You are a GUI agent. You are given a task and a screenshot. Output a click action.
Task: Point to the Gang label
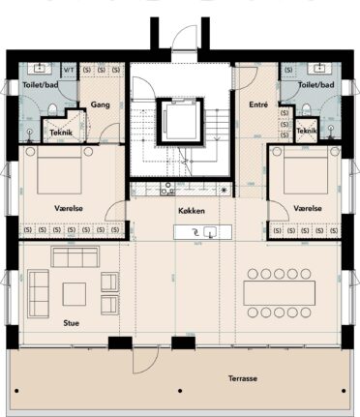coord(99,104)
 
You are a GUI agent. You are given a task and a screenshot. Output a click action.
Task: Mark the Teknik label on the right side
coord(308,131)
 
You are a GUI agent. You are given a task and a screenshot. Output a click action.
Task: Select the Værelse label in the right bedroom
coord(306,207)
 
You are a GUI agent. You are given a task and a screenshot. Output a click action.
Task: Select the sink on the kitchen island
coord(204,231)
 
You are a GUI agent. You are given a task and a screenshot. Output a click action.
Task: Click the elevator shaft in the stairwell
coord(180,121)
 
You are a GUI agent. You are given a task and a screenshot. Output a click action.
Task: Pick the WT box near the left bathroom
coord(69,70)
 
